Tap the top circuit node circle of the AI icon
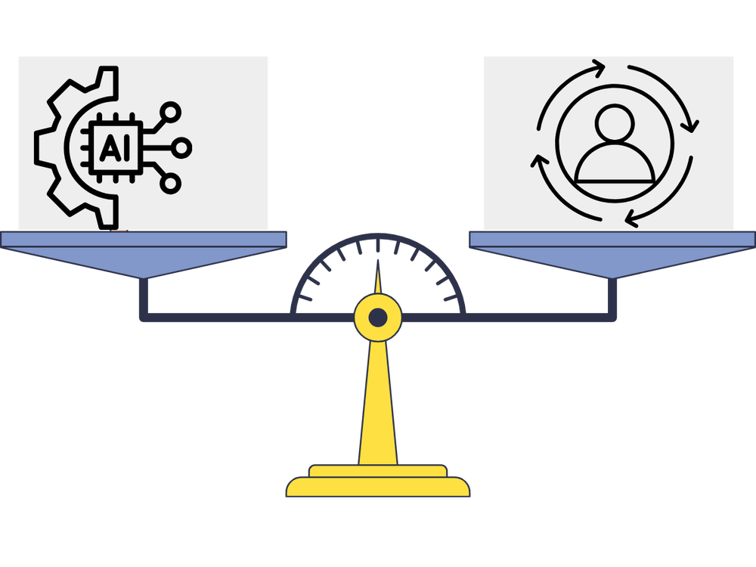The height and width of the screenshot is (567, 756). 172,113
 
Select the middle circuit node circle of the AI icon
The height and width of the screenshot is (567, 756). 182,147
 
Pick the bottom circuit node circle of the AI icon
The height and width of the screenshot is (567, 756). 172,182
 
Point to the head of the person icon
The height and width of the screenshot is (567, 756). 614,124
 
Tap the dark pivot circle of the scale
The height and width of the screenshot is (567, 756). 377,317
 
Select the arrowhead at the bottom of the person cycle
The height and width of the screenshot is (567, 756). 631,220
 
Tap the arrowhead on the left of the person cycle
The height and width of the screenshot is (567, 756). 538,161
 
